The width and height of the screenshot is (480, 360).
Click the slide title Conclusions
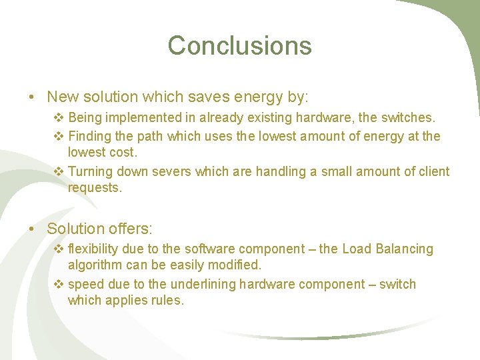tap(239, 45)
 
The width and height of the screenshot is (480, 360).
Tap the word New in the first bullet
tap(62, 97)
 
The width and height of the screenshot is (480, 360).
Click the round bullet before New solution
tap(32, 97)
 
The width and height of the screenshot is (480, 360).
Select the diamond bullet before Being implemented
tap(59, 118)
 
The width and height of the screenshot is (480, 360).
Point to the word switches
tap(408, 118)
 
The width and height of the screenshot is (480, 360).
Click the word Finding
tap(91, 137)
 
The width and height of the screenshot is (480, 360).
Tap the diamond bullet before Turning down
tap(59, 172)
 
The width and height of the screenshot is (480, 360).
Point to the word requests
tap(95, 188)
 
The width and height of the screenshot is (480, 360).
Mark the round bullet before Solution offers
tap(32, 229)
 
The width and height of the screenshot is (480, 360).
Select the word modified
tap(235, 265)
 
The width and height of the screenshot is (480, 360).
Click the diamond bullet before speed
tap(59, 285)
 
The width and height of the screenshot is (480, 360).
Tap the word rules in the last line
tap(167, 301)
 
